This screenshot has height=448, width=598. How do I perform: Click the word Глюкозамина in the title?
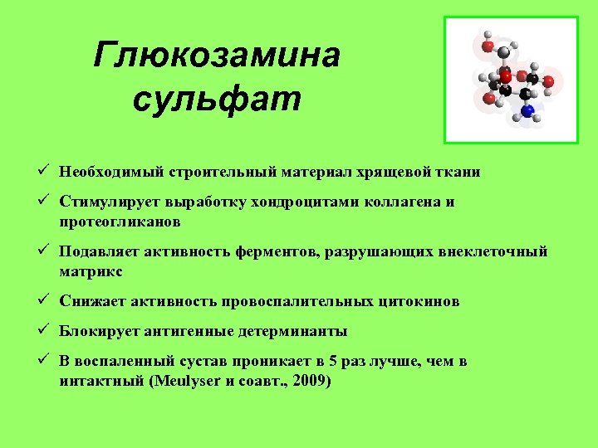click(217, 56)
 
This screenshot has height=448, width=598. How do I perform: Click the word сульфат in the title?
click(217, 99)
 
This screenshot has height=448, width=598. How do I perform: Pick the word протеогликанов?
click(120, 222)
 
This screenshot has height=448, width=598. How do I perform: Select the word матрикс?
click(91, 271)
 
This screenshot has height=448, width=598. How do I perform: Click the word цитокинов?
click(418, 301)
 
